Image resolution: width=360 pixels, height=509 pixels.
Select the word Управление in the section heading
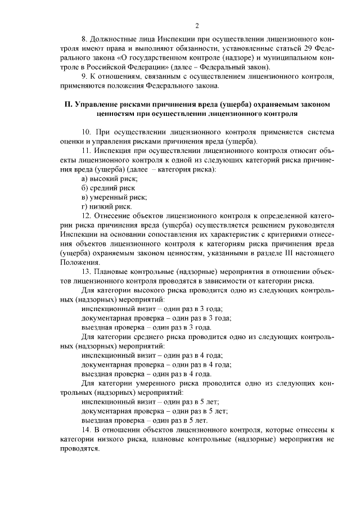click(96, 105)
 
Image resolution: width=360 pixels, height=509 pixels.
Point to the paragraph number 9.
click(84, 77)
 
